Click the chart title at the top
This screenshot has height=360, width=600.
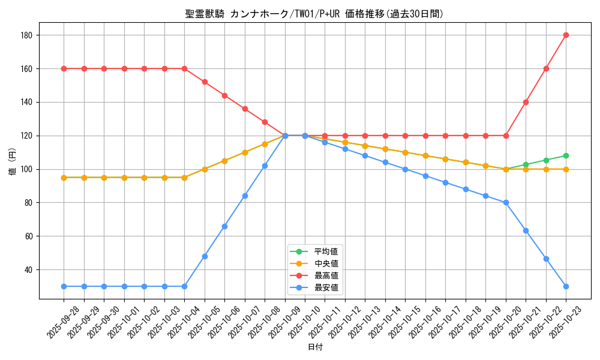tap(315, 14)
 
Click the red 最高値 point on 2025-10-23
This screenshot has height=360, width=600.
tap(566, 35)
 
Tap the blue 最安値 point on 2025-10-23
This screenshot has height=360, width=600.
tap(566, 286)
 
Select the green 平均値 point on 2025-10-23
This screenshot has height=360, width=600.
tap(566, 155)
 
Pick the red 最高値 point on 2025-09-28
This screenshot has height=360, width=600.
tap(64, 68)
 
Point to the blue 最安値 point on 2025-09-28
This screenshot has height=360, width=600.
tap(64, 286)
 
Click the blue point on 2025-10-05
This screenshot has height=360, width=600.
tap(205, 256)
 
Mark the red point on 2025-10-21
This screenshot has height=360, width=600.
tap(526, 102)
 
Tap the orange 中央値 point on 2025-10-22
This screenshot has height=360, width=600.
tap(546, 169)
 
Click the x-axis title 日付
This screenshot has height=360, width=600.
tap(315, 347)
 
